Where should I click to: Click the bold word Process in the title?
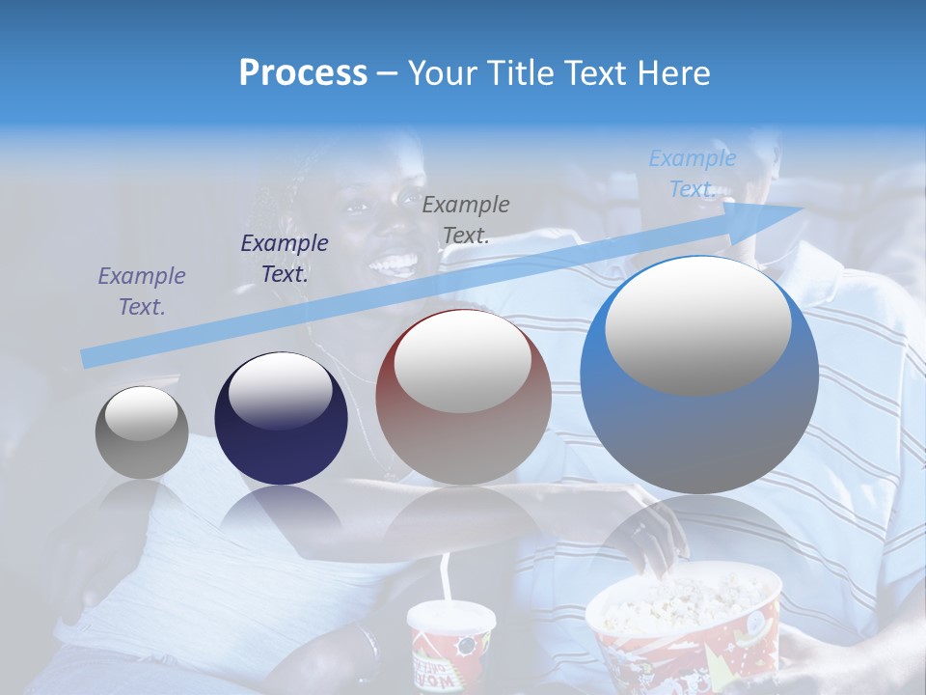click(303, 73)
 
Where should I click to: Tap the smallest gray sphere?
click(142, 432)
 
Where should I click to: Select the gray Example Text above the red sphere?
click(466, 220)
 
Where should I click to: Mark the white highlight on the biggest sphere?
click(697, 323)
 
